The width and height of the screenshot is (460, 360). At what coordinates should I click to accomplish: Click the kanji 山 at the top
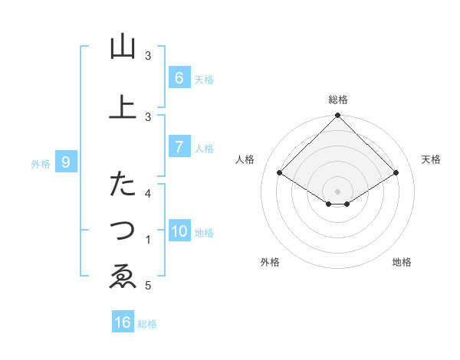coord(123,47)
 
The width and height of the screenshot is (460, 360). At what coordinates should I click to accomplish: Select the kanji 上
coord(123,107)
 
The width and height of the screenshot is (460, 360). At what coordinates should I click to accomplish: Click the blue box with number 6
coord(179,77)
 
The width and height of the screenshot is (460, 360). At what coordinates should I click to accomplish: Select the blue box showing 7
coord(179,147)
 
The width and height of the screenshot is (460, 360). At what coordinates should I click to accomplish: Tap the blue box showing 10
coord(179,231)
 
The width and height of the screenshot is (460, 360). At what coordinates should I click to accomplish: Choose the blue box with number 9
coord(66,162)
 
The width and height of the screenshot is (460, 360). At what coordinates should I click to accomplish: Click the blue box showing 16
coord(123,322)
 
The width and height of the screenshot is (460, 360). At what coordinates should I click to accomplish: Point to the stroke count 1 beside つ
coord(149,240)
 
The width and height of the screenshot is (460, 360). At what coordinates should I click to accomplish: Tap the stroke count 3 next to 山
coord(149,56)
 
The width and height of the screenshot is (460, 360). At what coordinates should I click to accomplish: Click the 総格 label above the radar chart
coord(338,100)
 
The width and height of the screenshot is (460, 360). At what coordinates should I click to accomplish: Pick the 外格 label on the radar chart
coord(270,262)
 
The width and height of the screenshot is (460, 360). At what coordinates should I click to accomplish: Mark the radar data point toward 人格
coord(280,173)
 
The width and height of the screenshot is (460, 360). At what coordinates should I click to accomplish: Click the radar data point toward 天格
coord(396,173)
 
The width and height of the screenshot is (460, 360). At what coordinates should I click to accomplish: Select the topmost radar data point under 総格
coord(338,116)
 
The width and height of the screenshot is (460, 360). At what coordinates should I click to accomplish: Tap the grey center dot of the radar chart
coord(338,191)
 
